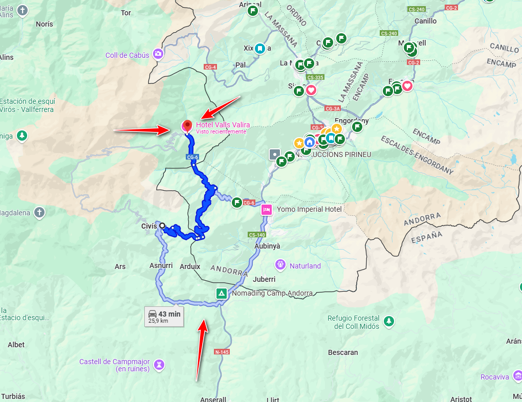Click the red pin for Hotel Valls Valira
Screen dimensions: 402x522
click(x=187, y=125)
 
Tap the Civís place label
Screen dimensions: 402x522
click(x=148, y=226)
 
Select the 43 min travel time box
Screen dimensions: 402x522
click(x=164, y=317)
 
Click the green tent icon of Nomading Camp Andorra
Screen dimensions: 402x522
click(x=221, y=294)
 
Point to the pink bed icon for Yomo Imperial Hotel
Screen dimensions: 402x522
click(x=266, y=209)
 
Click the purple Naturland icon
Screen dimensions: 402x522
click(x=280, y=265)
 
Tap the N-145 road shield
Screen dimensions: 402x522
click(x=222, y=352)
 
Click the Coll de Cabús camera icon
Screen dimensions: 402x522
click(x=158, y=53)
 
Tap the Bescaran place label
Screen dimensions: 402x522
click(x=343, y=352)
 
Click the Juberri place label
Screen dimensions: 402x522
click(x=264, y=279)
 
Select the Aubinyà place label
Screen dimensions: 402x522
click(x=267, y=246)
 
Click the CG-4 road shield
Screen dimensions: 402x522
click(x=210, y=67)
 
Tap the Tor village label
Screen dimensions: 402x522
click(x=125, y=12)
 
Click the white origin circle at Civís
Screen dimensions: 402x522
click(x=162, y=226)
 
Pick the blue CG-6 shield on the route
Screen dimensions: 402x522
click(x=192, y=158)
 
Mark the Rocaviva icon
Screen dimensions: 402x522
click(x=517, y=377)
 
